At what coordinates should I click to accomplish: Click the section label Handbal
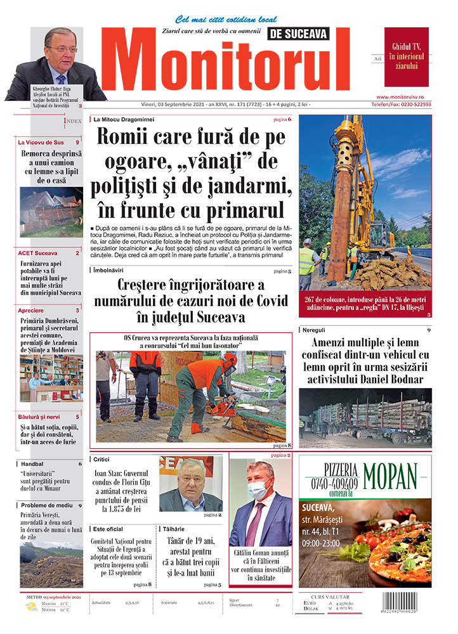click(32, 463)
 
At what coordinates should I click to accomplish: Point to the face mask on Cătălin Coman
click(259, 490)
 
